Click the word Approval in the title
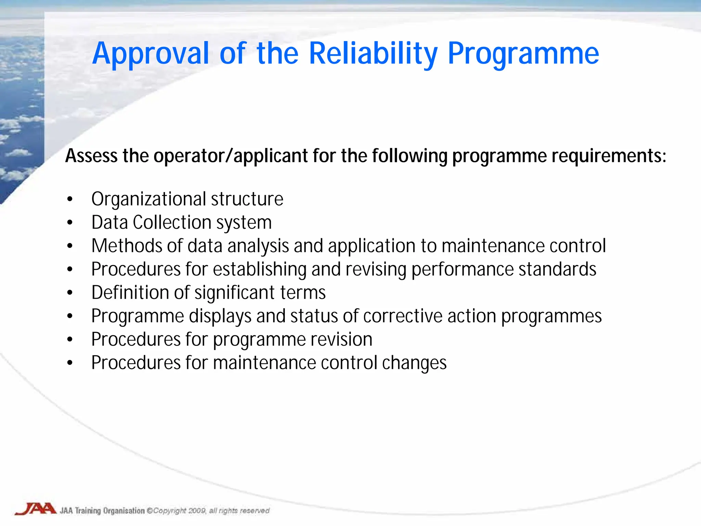point(151,54)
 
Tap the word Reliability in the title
point(373,54)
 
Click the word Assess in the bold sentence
point(91,156)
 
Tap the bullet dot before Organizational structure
point(70,199)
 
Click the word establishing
point(259,270)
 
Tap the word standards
point(557,270)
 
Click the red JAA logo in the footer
point(36,509)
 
